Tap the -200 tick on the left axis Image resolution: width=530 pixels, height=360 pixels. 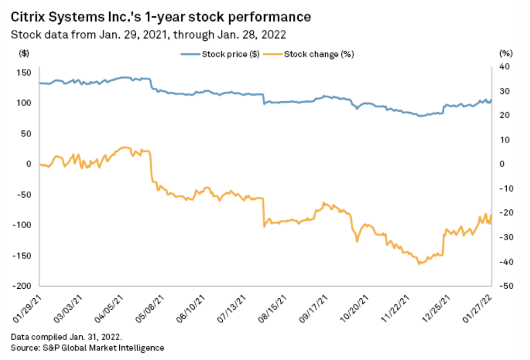[x=24, y=286]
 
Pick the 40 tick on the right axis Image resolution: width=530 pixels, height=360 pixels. [x=504, y=66]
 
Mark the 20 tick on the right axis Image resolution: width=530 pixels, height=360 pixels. [x=504, y=115]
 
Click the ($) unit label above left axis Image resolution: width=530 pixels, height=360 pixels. [x=23, y=54]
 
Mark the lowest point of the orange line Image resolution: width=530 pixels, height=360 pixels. [x=419, y=264]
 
